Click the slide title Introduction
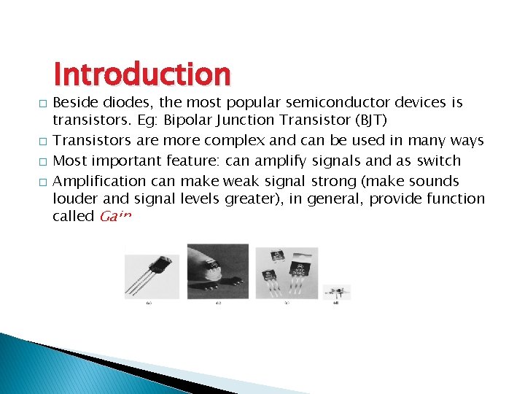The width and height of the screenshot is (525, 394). [142, 74]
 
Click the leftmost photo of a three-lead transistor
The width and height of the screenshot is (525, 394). [152, 276]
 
